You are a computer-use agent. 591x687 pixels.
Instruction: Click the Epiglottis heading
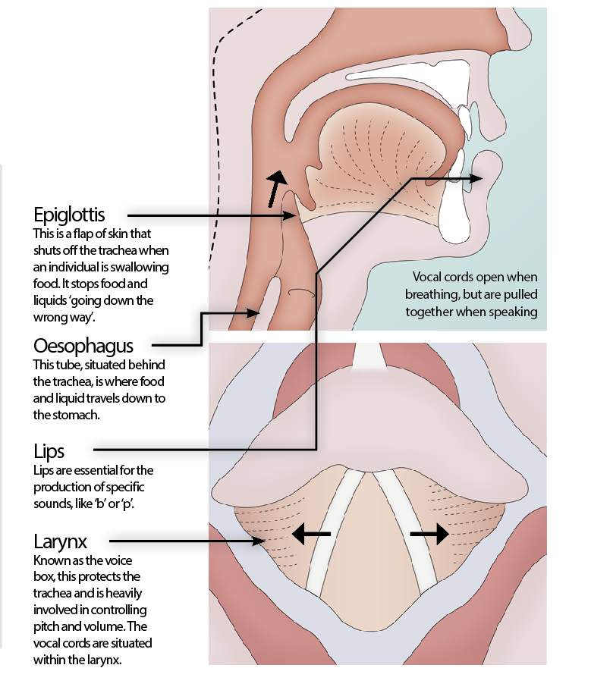click(x=69, y=215)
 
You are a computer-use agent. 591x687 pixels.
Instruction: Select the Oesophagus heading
click(x=83, y=346)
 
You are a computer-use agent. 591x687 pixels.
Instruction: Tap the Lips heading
click(x=49, y=452)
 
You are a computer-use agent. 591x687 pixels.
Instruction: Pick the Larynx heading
click(x=61, y=542)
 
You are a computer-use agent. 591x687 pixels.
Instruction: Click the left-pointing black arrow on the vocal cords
click(x=311, y=534)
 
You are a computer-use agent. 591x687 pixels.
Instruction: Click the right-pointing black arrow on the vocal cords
click(x=429, y=534)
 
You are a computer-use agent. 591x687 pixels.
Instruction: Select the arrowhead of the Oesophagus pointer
click(x=253, y=313)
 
